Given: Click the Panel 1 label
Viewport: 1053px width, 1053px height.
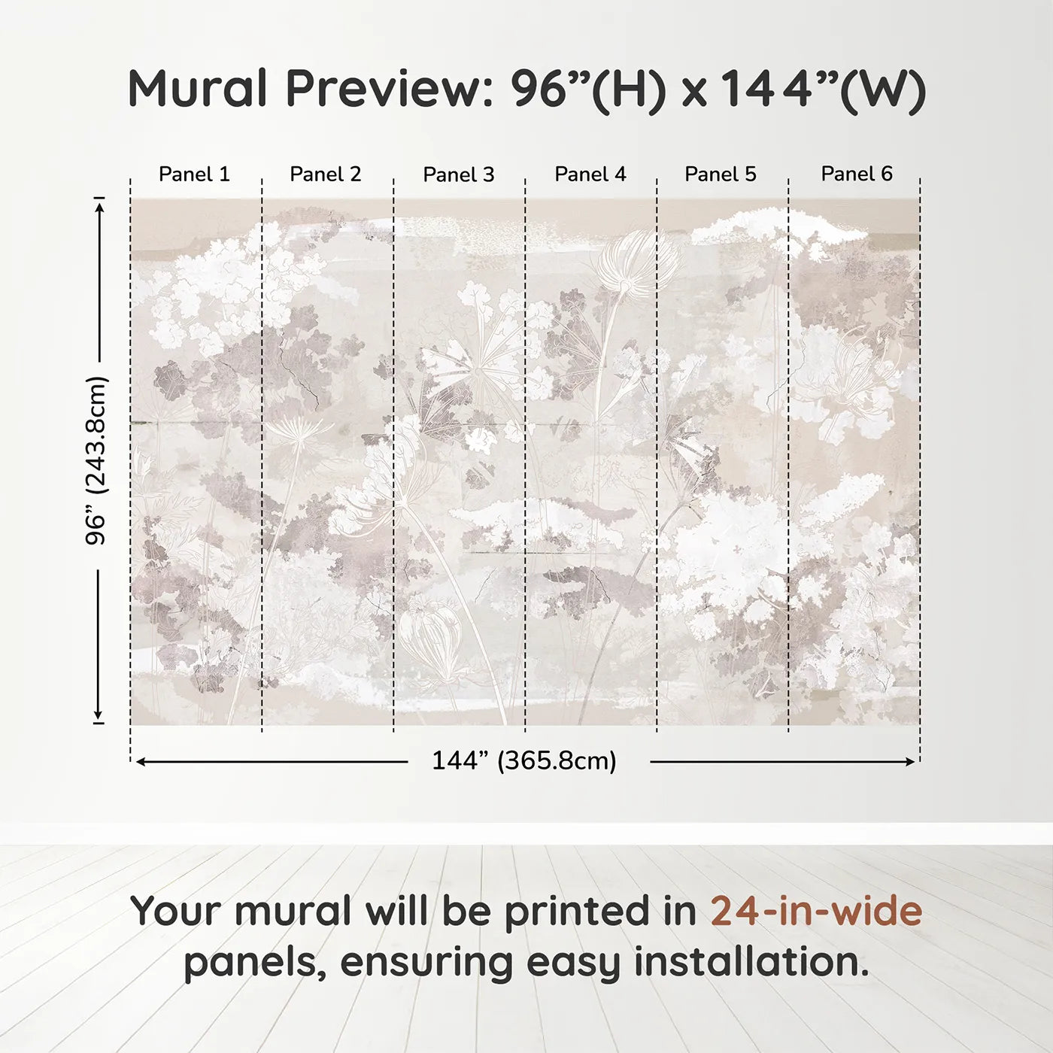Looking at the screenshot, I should [194, 174].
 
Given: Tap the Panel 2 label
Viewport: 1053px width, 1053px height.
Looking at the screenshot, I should [326, 174].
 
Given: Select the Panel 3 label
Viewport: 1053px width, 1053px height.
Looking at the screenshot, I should [458, 174].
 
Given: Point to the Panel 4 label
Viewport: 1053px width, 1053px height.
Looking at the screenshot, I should [590, 174].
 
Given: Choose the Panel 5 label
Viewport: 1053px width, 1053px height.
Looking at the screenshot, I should [721, 174].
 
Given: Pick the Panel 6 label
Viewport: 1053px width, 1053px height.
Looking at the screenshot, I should [857, 174].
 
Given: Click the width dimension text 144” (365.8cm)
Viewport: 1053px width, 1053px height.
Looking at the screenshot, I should [524, 761].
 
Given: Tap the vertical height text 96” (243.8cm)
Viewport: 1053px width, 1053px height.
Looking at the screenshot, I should [96, 460].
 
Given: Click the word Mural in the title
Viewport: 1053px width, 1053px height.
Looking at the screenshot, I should [198, 89].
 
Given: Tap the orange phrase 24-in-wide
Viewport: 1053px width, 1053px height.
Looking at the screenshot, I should [816, 912].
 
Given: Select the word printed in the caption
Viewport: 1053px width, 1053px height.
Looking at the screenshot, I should [578, 912].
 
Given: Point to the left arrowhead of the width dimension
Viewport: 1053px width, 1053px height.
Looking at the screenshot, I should [140, 762].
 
